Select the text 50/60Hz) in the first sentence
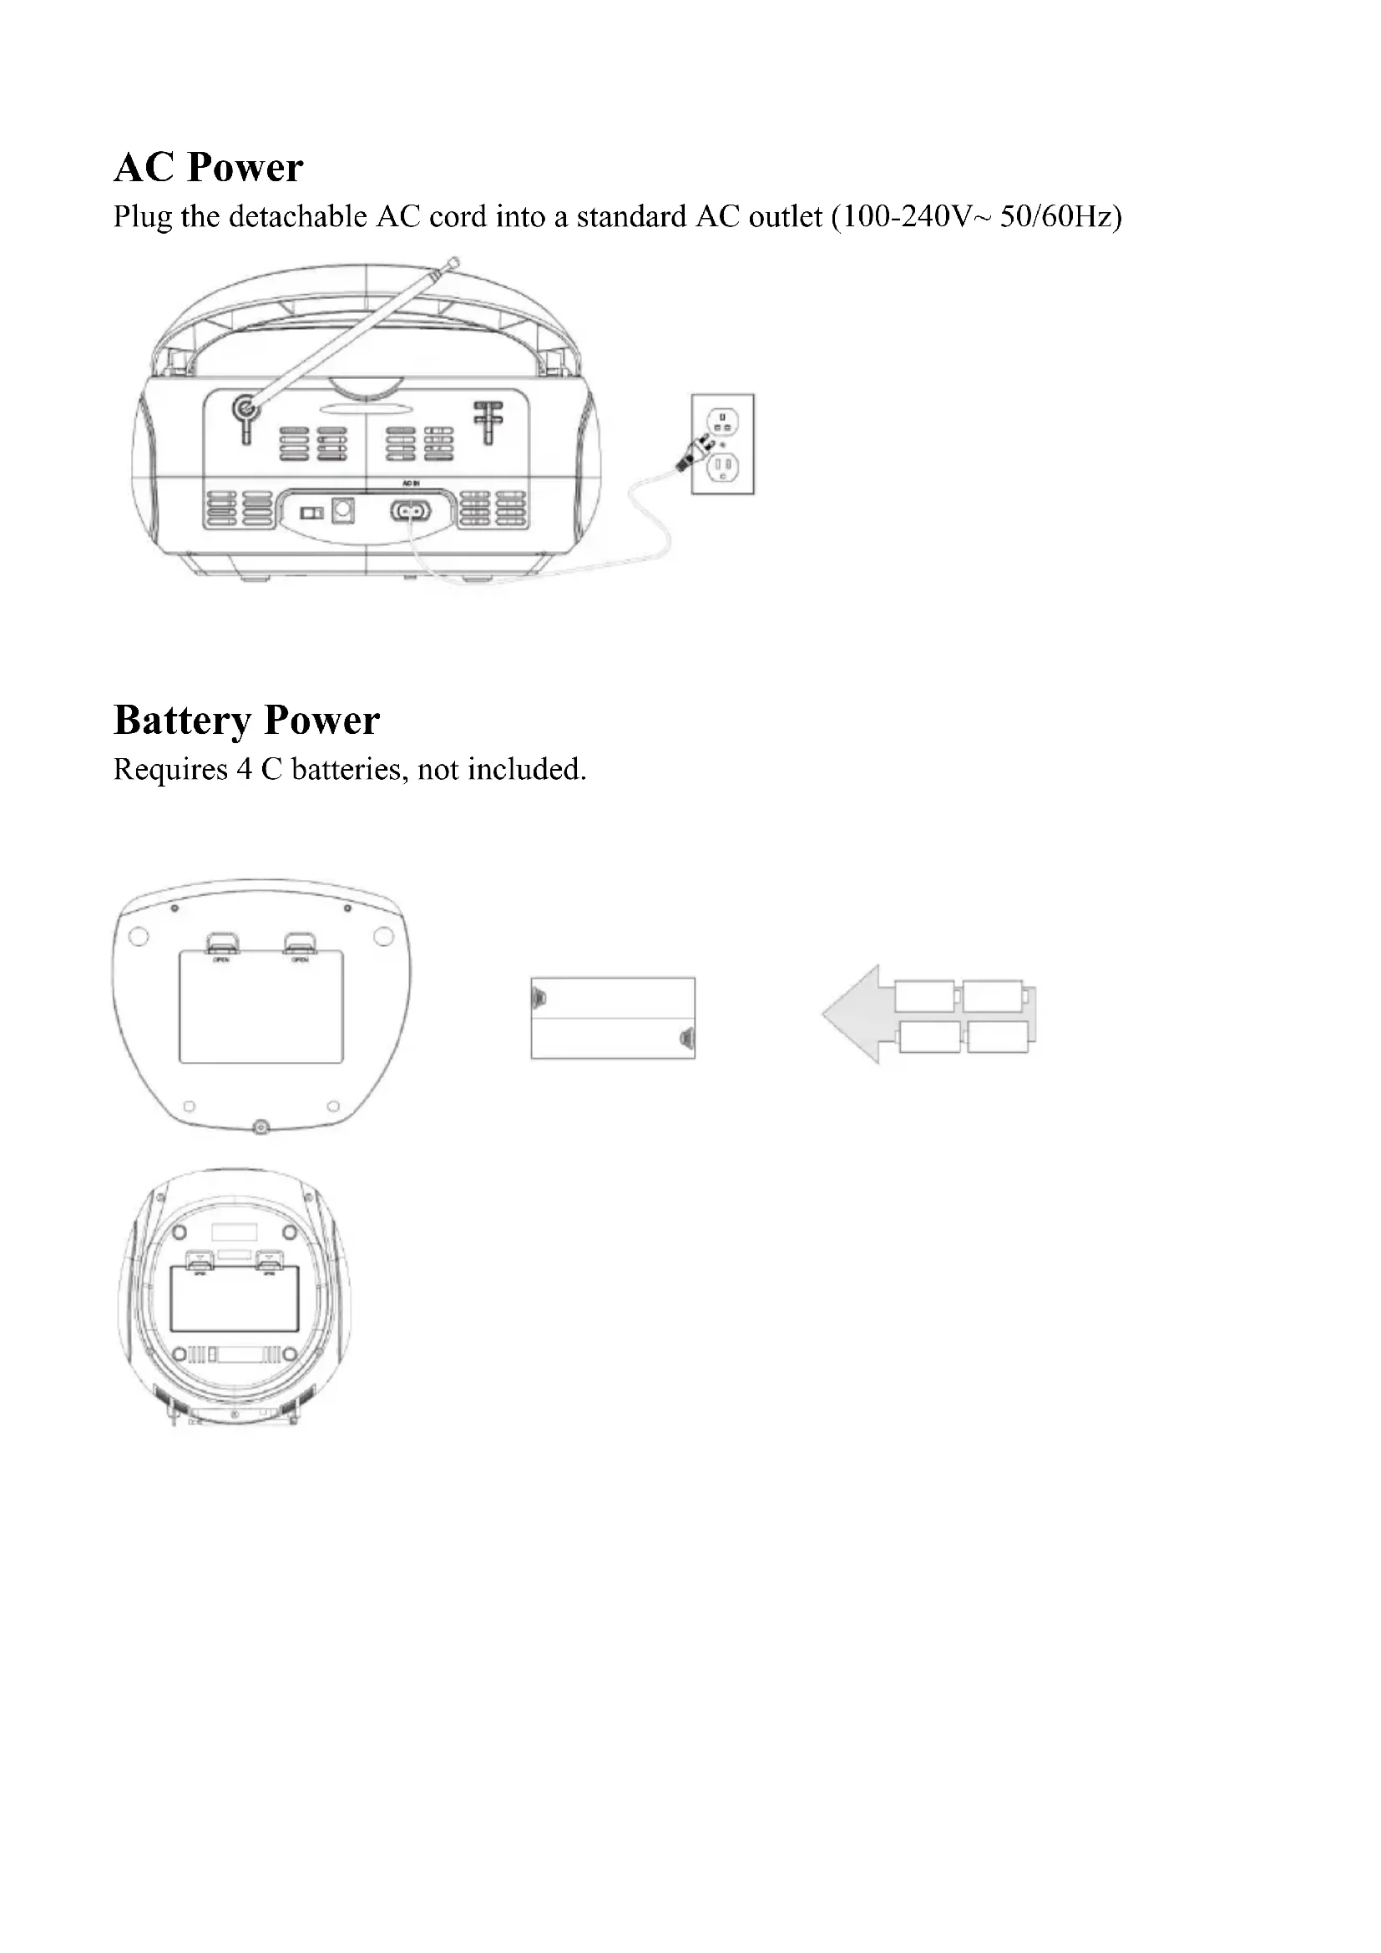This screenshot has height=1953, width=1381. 1060,217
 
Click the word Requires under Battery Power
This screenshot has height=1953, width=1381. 170,770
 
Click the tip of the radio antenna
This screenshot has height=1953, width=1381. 453,262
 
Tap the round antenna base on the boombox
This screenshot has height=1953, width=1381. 245,408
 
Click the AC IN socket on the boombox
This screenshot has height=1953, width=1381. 411,511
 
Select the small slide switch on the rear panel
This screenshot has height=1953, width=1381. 311,513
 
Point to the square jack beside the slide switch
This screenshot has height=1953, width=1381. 342,510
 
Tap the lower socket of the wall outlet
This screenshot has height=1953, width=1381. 723,466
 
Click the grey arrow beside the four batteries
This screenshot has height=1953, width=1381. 855,1014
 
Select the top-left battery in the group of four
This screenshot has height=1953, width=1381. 925,996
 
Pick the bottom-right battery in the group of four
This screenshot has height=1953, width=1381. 998,1037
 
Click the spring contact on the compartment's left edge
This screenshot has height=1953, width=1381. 537,994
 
